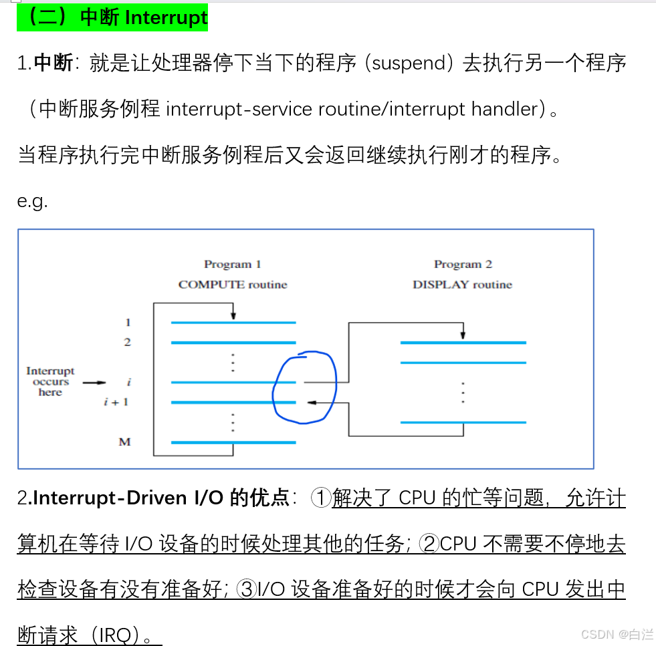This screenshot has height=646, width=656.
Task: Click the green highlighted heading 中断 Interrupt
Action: click(112, 18)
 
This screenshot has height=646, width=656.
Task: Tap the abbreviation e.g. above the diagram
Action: click(32, 201)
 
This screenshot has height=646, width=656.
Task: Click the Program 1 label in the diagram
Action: click(232, 265)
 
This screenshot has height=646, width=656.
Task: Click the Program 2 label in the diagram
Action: click(462, 265)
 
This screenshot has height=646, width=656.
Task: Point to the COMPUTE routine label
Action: click(232, 285)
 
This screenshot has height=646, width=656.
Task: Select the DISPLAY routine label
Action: click(462, 285)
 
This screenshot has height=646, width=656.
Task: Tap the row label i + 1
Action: click(116, 402)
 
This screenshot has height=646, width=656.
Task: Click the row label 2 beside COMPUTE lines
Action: click(127, 343)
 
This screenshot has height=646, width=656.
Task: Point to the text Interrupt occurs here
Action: click(50, 381)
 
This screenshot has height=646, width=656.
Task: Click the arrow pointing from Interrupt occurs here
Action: click(94, 383)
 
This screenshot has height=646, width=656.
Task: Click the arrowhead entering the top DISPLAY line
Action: click(463, 335)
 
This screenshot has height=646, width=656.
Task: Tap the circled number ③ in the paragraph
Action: click(247, 590)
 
